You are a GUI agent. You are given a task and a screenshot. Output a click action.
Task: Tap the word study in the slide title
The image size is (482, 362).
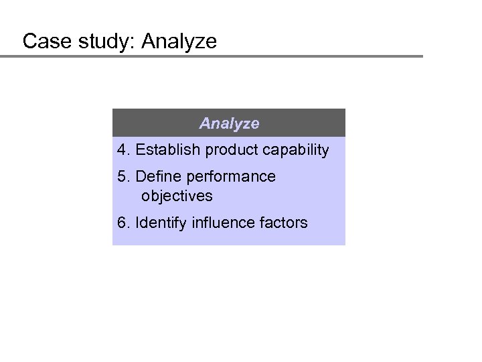pyautogui.click(x=98, y=42)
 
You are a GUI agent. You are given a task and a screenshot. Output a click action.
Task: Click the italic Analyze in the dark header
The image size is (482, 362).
pyautogui.click(x=229, y=124)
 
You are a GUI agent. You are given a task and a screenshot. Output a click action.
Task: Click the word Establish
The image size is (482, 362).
pyautogui.click(x=166, y=149)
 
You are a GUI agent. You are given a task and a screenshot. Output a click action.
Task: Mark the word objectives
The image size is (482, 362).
pyautogui.click(x=177, y=196)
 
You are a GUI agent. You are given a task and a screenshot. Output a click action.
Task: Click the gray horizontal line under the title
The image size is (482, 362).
pyautogui.click(x=212, y=56)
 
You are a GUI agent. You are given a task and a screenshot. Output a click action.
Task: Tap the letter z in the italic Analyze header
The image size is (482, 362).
pyautogui.click(x=245, y=125)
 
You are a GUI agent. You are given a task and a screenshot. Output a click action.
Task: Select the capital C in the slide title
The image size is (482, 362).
pyautogui.click(x=29, y=42)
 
